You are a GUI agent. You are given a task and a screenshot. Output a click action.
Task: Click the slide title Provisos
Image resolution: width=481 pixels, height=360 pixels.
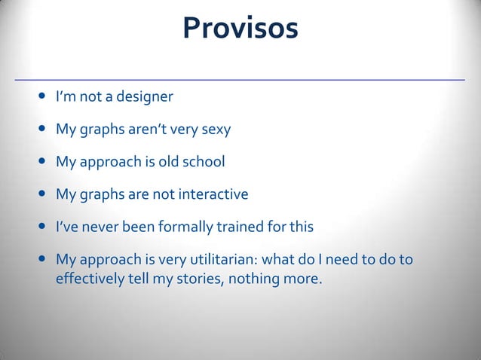(240, 29)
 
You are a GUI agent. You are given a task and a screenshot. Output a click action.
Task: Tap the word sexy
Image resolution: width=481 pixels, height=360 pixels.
(215, 130)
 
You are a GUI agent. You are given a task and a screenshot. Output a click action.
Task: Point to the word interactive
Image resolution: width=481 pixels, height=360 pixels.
(214, 194)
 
